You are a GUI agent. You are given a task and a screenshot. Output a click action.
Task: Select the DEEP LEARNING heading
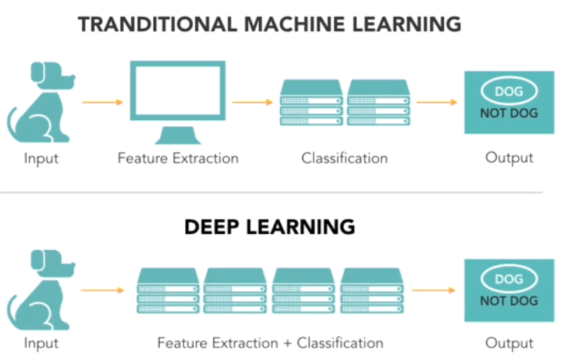tap(269, 227)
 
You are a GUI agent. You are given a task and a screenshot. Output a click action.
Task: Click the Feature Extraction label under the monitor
tap(177, 158)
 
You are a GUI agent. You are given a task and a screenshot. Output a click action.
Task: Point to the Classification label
tap(345, 158)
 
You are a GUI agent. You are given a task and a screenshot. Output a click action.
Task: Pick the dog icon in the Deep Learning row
tap(40, 290)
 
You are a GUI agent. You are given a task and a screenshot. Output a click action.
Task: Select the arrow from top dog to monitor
tap(102, 102)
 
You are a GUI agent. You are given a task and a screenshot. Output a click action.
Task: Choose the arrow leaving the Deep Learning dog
tap(102, 290)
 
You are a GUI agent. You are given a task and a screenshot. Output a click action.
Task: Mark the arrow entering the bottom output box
tap(434, 290)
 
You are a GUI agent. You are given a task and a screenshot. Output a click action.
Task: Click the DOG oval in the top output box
tap(509, 91)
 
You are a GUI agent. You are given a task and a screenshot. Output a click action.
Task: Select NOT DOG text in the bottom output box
tap(509, 301)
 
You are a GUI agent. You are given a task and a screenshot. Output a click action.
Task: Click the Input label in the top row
tap(41, 158)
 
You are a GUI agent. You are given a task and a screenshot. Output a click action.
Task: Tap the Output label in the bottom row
tap(509, 343)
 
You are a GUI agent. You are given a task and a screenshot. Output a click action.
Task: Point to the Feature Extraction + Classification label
tap(270, 343)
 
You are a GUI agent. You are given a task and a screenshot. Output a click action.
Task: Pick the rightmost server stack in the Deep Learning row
tap(373, 290)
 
